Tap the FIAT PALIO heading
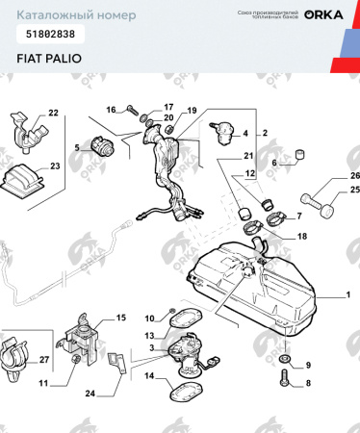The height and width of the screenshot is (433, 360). pos(48,58)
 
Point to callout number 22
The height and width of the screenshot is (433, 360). pos(53,114)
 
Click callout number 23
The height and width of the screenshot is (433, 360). pos(55,166)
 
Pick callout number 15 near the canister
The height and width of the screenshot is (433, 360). pos(121,318)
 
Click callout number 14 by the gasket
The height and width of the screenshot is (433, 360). pos(148,377)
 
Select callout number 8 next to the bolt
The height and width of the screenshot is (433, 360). pos(308,383)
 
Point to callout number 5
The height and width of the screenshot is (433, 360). pos(77,147)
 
